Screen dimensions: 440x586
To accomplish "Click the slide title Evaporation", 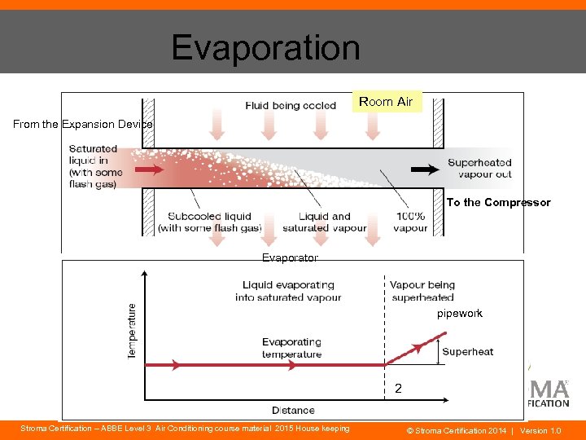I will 265,48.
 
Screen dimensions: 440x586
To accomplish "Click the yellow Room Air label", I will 386,102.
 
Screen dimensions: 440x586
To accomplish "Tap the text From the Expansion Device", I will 82,124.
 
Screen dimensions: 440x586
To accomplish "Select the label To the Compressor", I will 498,203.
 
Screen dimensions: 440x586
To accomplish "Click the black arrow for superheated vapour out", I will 423,169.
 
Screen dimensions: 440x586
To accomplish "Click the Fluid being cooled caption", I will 291,105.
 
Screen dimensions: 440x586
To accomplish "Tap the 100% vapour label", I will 410,222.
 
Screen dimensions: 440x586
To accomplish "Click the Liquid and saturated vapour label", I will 325,222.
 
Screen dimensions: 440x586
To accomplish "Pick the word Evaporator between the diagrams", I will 290,257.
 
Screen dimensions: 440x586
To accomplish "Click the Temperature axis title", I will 133,331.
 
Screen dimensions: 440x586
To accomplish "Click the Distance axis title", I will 293,410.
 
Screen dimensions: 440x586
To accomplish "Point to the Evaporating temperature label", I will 291,348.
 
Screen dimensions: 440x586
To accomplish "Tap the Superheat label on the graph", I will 467,352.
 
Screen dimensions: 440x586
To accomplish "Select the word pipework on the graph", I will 460,313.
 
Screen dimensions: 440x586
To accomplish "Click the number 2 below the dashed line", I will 398,389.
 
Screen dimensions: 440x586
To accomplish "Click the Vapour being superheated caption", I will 422,291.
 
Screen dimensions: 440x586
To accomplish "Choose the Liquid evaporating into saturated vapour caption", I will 288,291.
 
